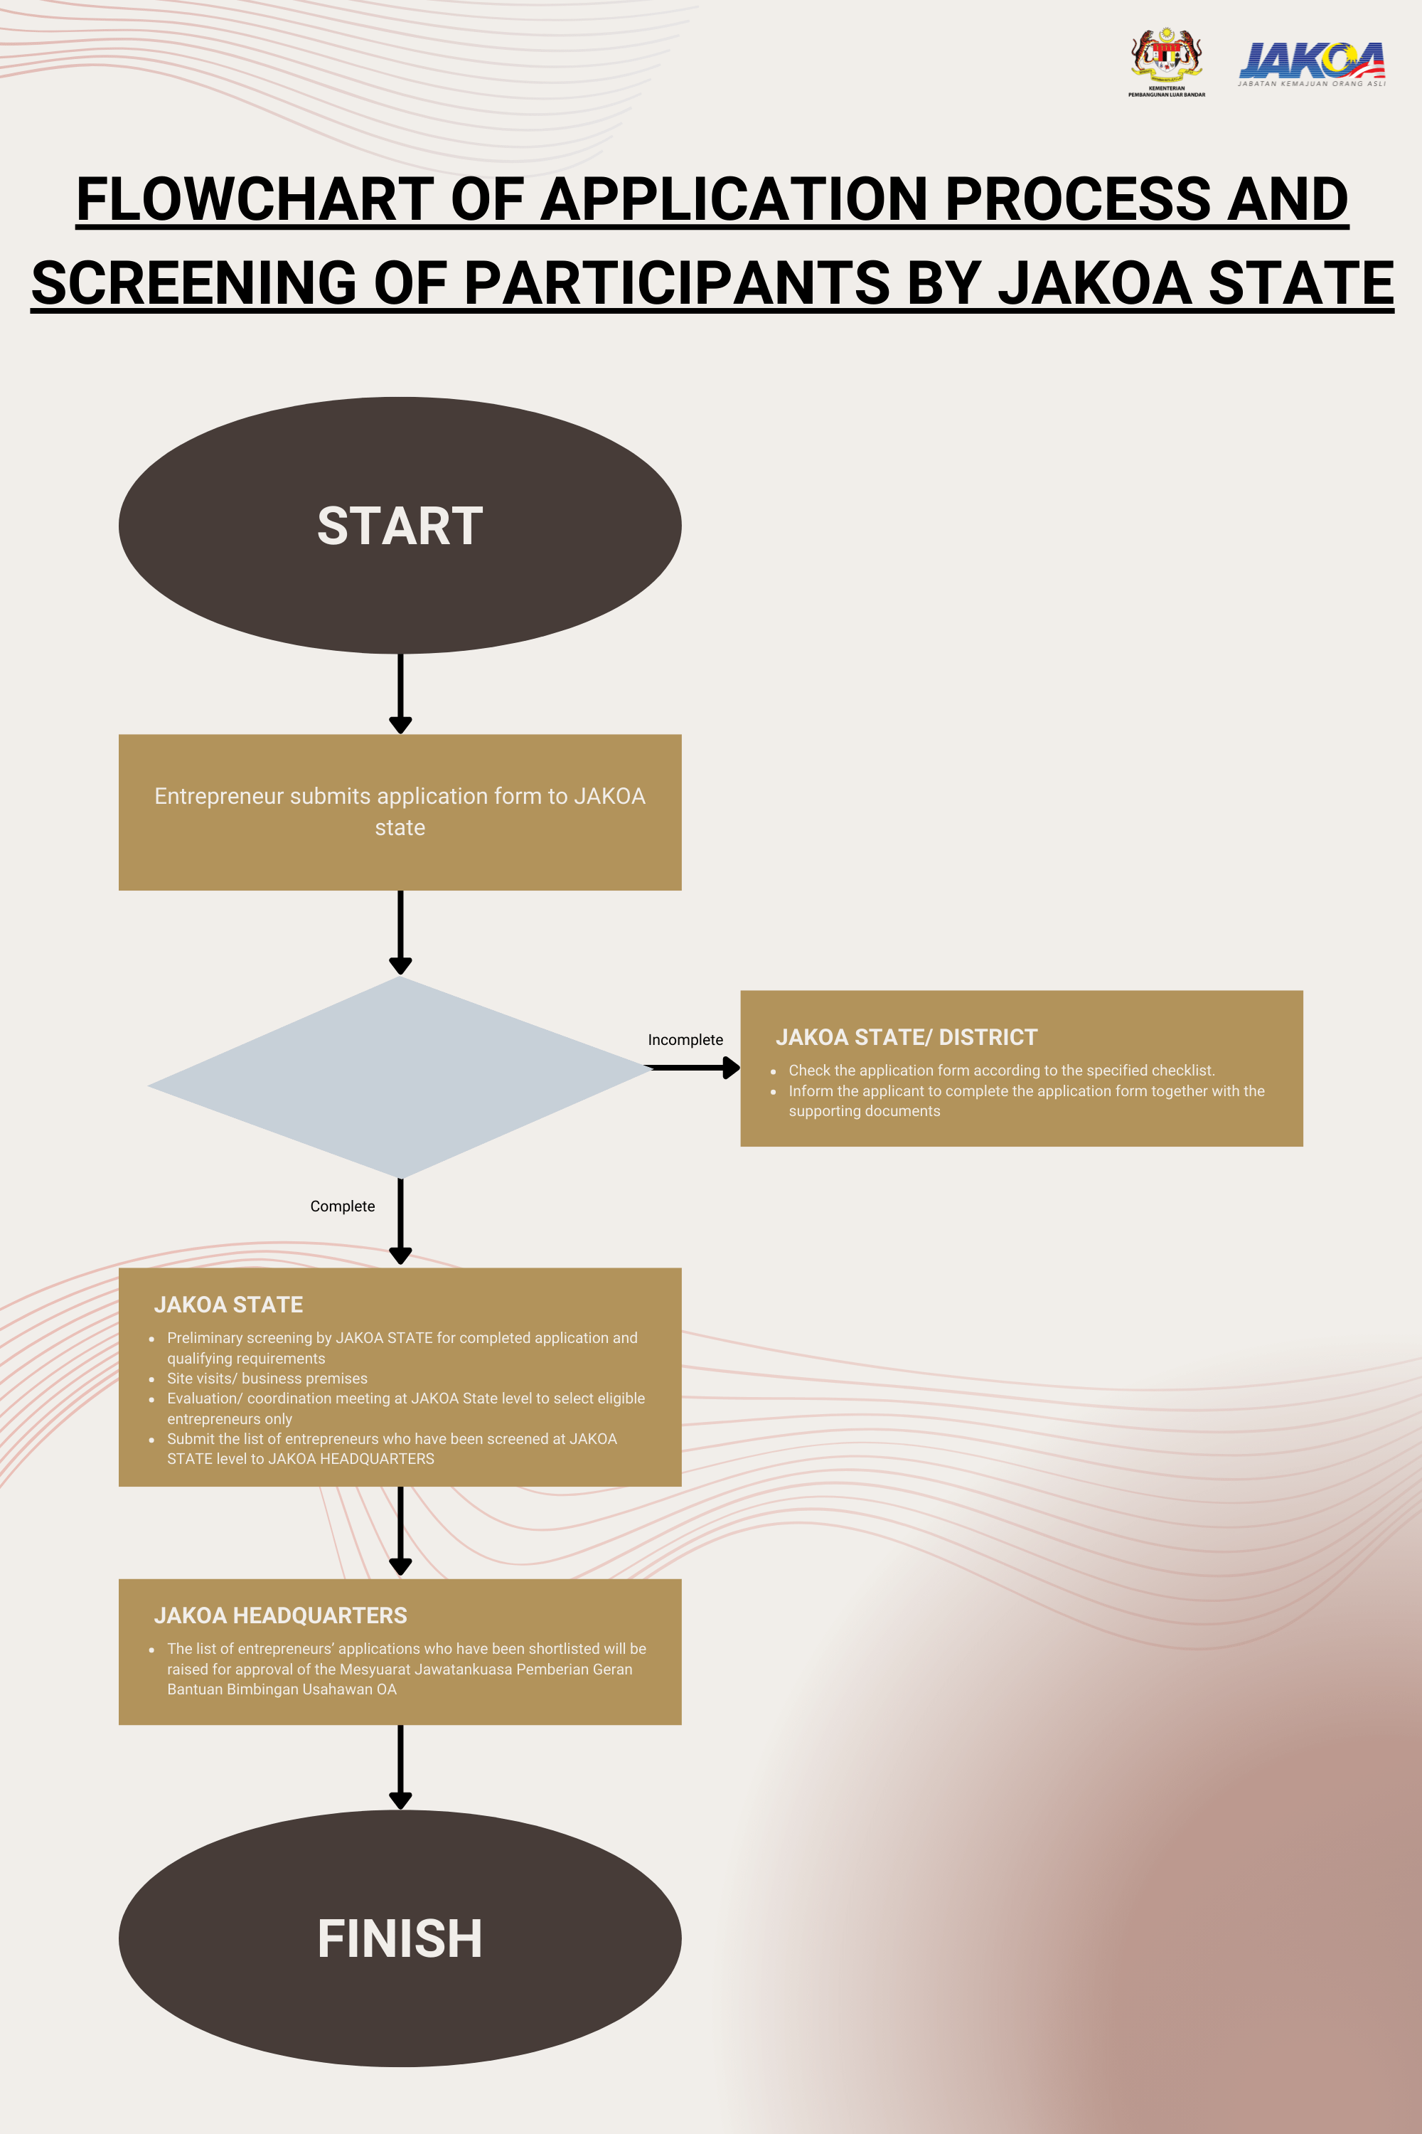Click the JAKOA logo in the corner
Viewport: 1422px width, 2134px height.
click(x=1311, y=63)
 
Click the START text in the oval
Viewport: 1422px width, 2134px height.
click(x=400, y=526)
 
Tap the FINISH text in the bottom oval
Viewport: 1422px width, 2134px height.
click(x=400, y=1939)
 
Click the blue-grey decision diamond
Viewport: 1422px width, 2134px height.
click(x=400, y=1077)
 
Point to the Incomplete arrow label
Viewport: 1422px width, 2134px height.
click(x=685, y=1040)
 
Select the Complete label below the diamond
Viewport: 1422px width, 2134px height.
click(x=342, y=1206)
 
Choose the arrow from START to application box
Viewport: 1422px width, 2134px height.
click(x=400, y=693)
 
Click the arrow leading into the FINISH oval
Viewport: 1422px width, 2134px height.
click(x=400, y=1766)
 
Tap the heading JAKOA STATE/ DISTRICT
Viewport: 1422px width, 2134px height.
click(x=906, y=1037)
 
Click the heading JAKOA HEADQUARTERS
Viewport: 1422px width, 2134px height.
click(x=280, y=1615)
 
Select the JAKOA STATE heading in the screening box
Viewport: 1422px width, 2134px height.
click(x=228, y=1305)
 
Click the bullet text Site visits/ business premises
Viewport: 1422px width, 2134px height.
click(x=267, y=1379)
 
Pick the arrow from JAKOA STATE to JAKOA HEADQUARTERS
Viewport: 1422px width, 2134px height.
click(x=400, y=1531)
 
